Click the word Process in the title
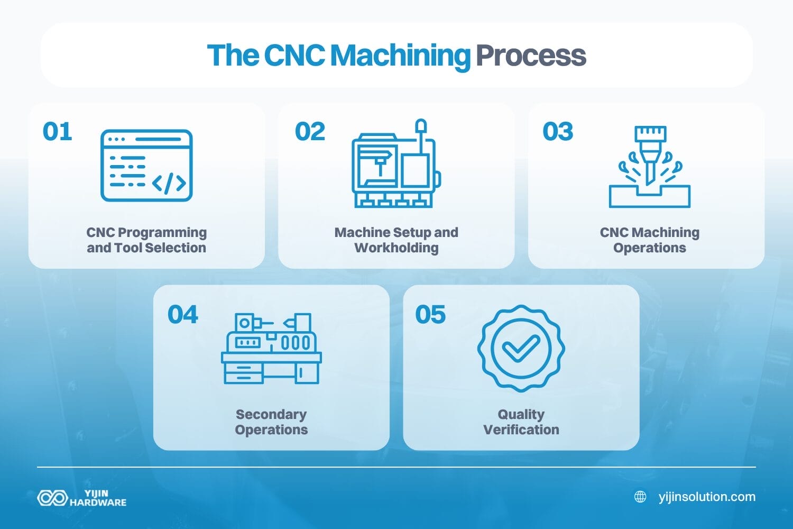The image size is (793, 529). coord(531,56)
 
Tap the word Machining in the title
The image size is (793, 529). coord(400,56)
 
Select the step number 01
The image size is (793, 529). coord(57,132)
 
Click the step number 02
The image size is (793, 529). coord(310,132)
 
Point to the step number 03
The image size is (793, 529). coord(558,132)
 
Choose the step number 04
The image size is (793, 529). coord(182,315)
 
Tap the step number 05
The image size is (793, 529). coord(430,315)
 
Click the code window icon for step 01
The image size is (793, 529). coord(146,166)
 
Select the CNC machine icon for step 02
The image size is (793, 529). coord(396,164)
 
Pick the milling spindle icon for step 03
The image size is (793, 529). coord(650,167)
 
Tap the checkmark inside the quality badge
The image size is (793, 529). coord(521,348)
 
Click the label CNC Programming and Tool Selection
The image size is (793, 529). coord(146,240)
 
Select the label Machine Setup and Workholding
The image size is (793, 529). coord(396,240)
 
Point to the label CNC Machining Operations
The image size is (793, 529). coord(649,240)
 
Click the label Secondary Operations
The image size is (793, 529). coord(271,422)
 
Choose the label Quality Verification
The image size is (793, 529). coord(521,422)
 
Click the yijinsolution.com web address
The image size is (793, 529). coord(707,497)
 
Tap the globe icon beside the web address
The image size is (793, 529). coord(640,497)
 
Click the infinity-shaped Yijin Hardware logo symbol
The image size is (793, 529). coord(52,498)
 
